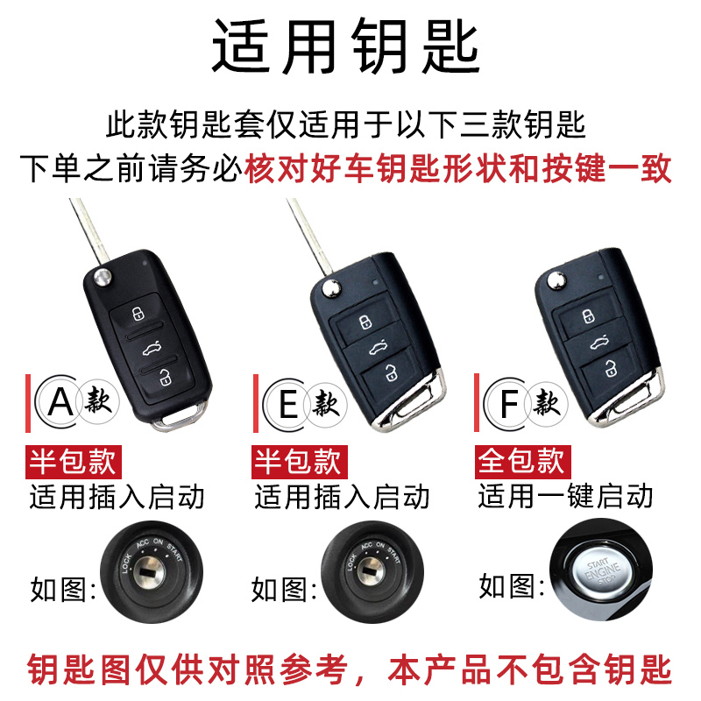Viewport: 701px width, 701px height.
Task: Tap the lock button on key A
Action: (x=138, y=314)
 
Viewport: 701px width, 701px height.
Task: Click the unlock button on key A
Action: (x=165, y=379)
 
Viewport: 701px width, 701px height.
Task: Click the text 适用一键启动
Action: (x=565, y=497)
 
